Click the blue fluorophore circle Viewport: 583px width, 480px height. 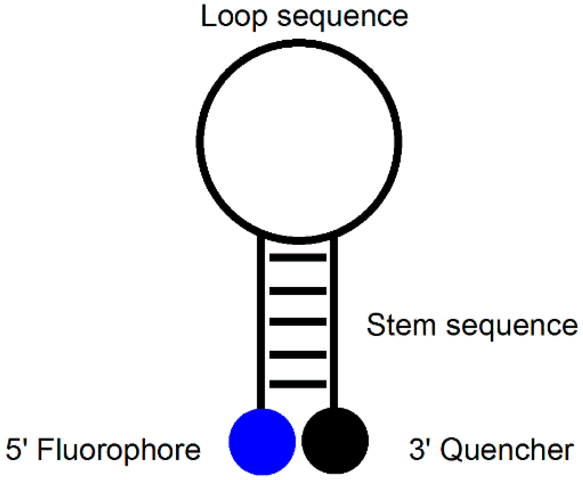[x=262, y=441]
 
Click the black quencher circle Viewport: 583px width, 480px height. [x=335, y=440]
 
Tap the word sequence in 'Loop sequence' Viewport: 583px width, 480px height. [x=343, y=17]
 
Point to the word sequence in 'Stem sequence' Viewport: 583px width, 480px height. [x=512, y=326]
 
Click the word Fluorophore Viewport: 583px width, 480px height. [x=119, y=450]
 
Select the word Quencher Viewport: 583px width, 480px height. [x=507, y=450]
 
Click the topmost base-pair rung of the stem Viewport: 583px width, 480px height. [x=298, y=257]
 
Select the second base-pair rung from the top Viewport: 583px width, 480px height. [x=298, y=291]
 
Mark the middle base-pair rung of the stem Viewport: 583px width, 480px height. [x=298, y=322]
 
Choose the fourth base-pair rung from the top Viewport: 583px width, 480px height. [x=298, y=355]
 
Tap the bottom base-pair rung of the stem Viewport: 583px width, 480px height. [x=298, y=384]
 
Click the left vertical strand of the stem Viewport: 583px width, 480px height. [x=261, y=324]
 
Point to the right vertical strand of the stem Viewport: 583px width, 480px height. [x=334, y=324]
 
